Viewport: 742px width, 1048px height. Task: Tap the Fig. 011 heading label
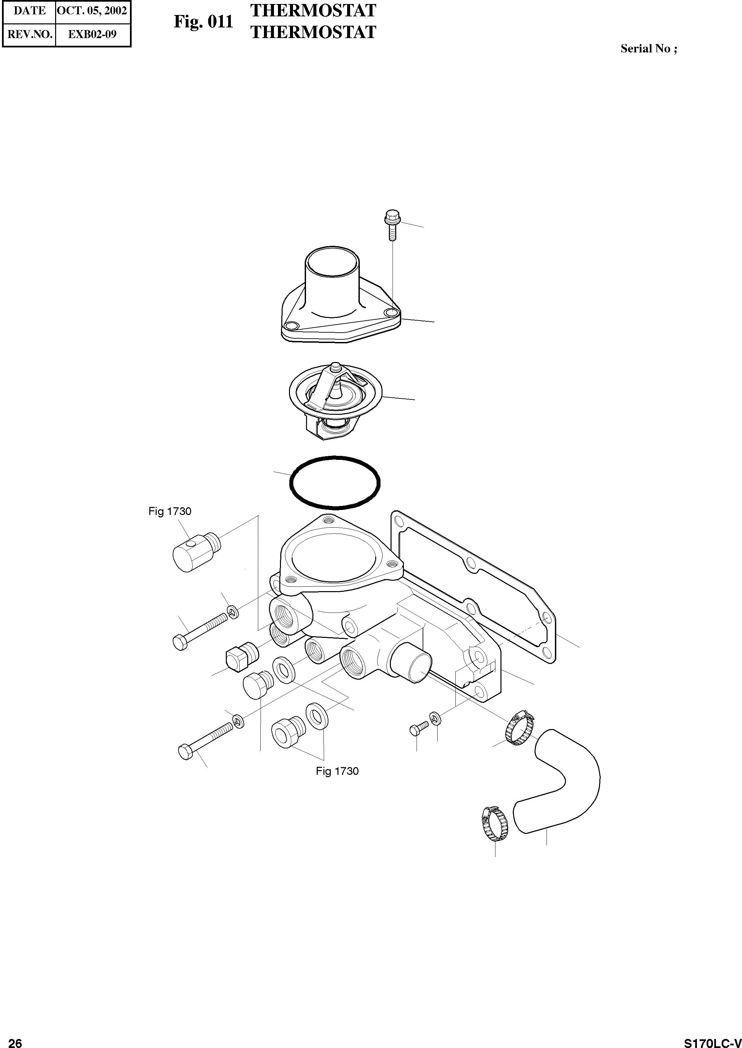[x=203, y=21]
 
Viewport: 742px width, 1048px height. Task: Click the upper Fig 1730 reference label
[x=169, y=511]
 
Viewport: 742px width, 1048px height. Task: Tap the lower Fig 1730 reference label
[x=337, y=771]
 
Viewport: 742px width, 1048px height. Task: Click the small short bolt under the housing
[x=418, y=728]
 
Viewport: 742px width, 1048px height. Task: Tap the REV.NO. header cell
[x=30, y=34]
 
